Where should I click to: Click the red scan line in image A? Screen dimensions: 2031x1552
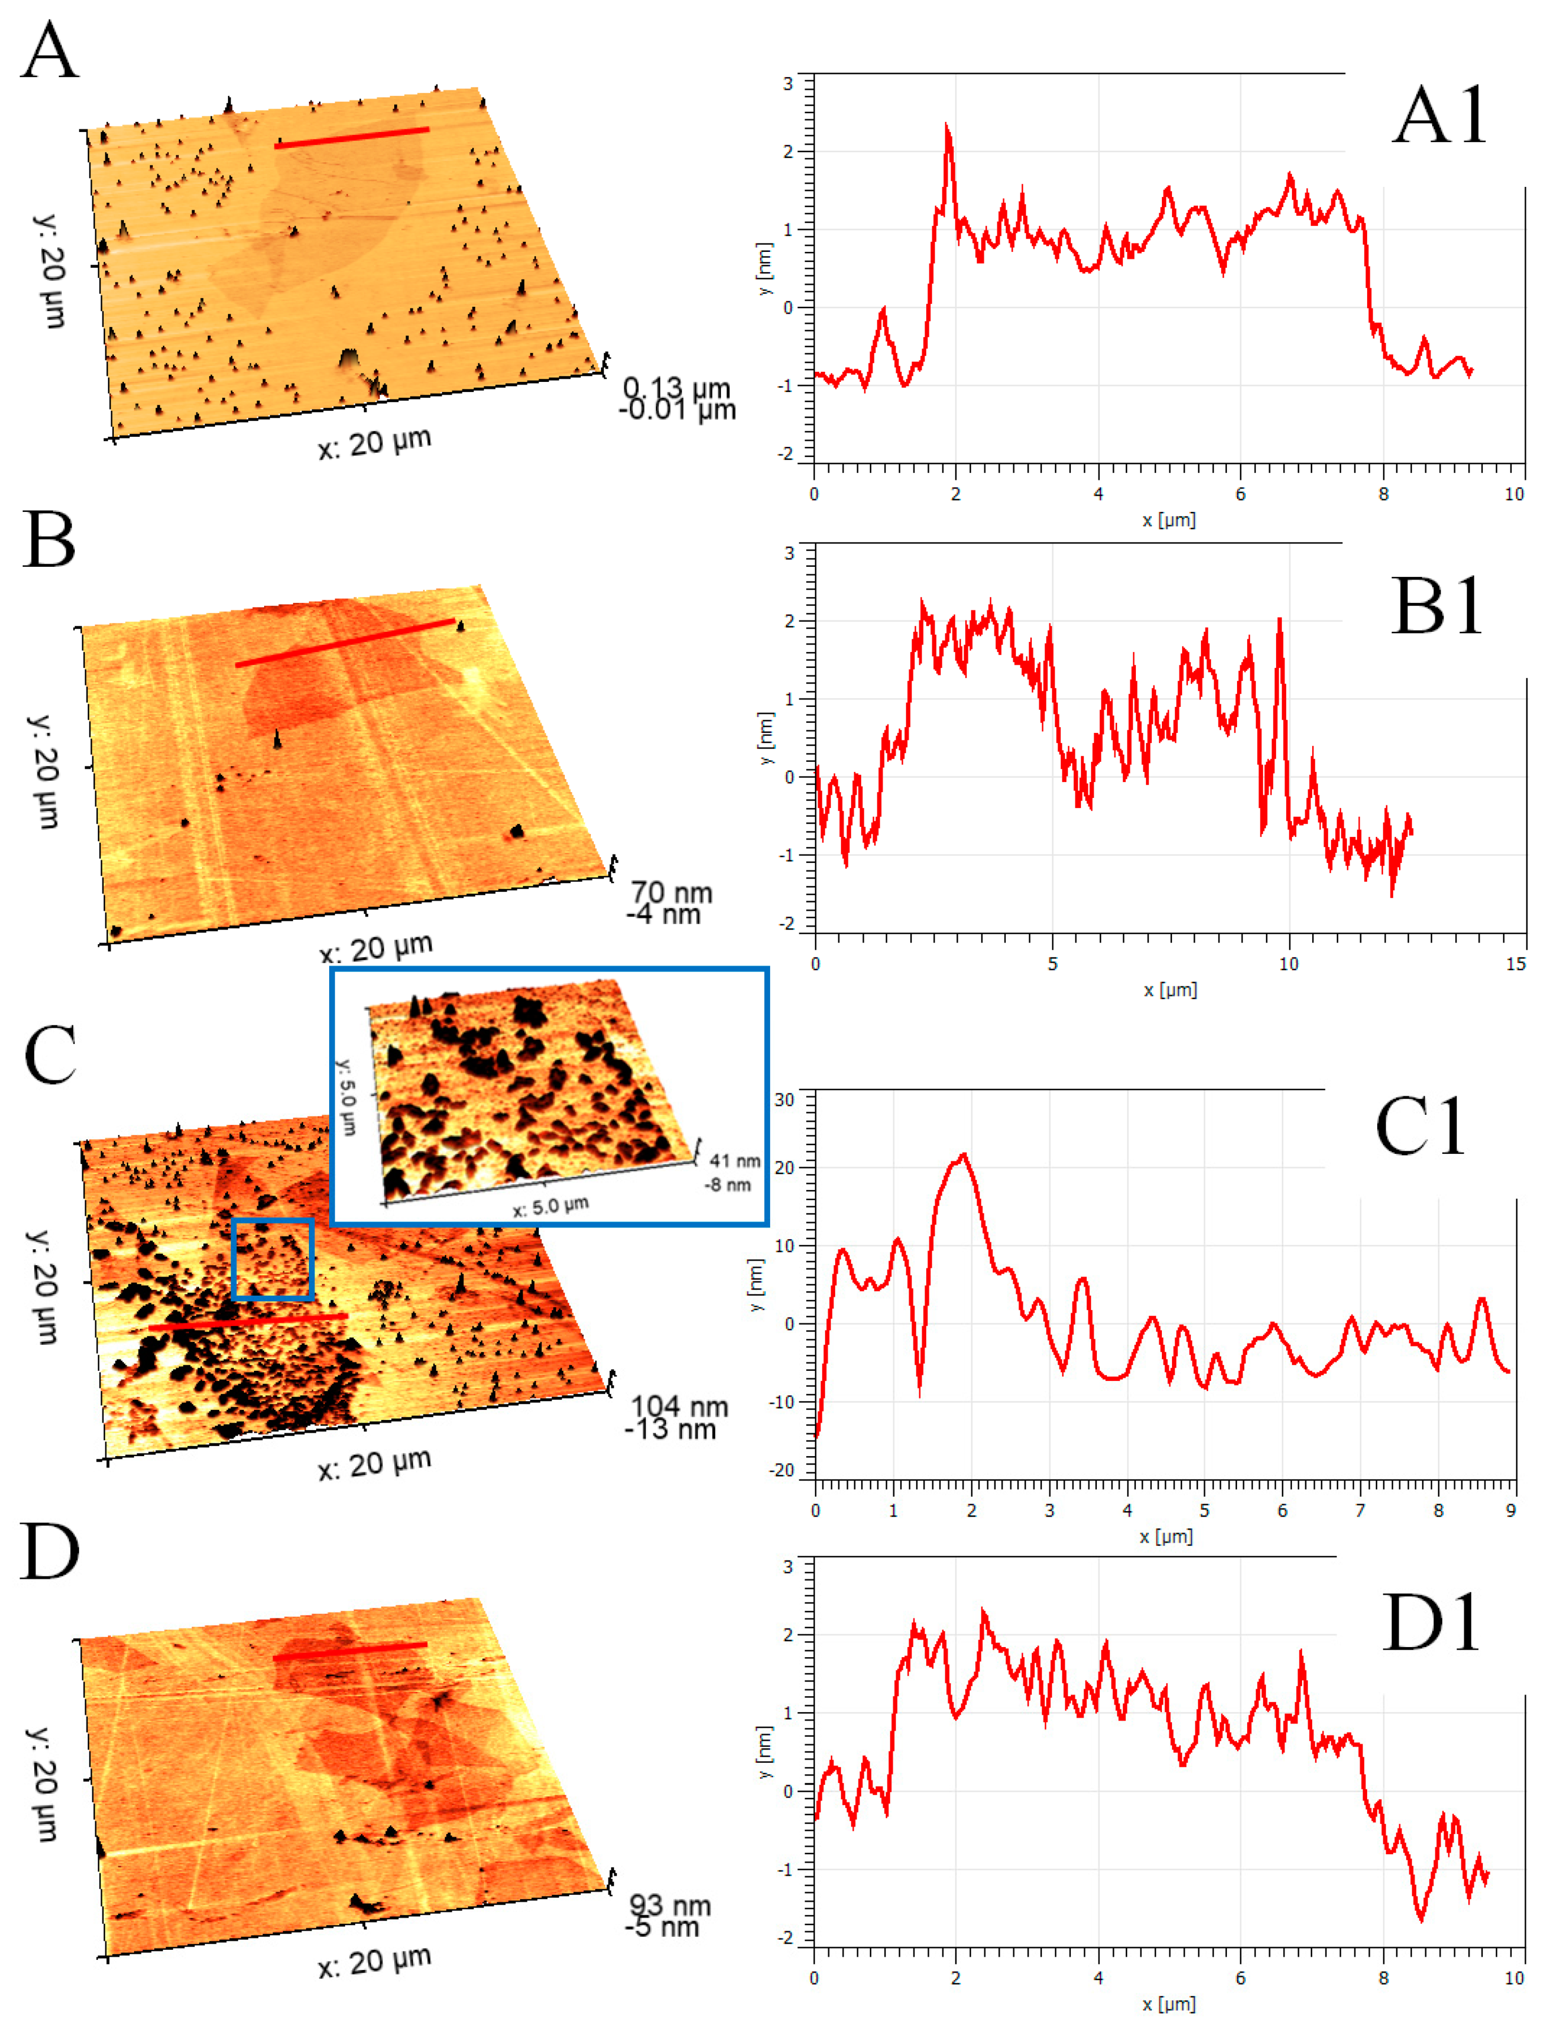point(351,138)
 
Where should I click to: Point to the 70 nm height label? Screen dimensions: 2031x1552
point(672,892)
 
